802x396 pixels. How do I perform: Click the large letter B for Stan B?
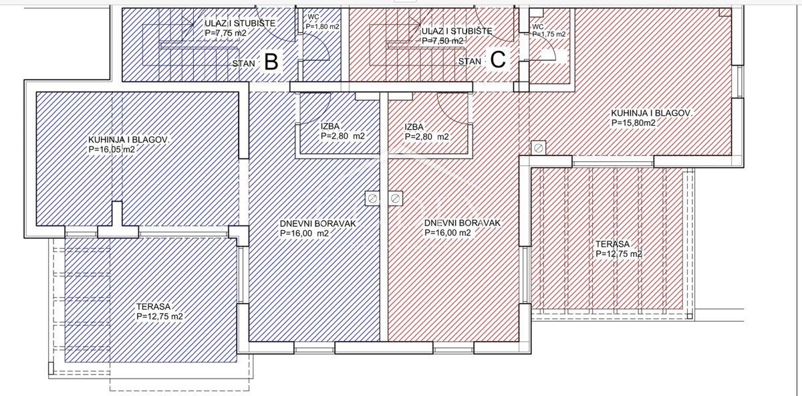pyautogui.click(x=271, y=62)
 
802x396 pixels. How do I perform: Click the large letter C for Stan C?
pyautogui.click(x=498, y=60)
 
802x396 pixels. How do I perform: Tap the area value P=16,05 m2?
pyautogui.click(x=112, y=150)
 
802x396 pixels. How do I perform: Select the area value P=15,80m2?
pyautogui.click(x=632, y=123)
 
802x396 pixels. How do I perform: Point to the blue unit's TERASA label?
pyautogui.click(x=153, y=306)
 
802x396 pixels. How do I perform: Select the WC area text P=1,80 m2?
pyautogui.click(x=322, y=27)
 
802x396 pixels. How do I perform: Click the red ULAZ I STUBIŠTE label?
pyautogui.click(x=456, y=31)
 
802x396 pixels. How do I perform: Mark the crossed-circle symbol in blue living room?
pyautogui.click(x=372, y=198)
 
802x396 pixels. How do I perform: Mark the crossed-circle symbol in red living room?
pyautogui.click(x=395, y=198)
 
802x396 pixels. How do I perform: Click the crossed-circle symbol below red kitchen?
pyautogui.click(x=538, y=147)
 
